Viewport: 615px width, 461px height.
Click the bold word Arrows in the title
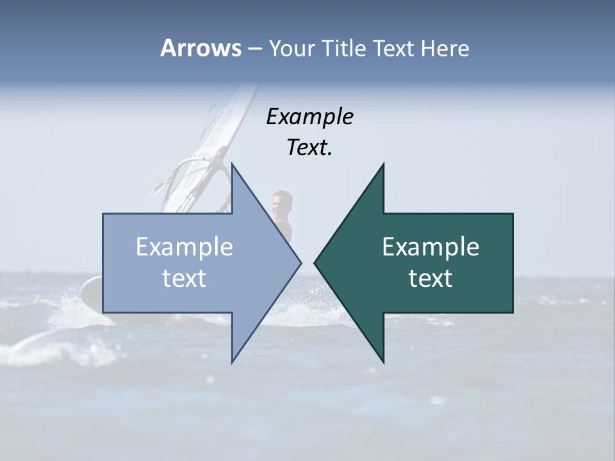(201, 48)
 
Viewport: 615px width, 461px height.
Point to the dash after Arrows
(254, 49)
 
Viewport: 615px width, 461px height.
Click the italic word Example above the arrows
(309, 117)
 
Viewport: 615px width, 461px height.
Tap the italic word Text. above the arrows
(309, 147)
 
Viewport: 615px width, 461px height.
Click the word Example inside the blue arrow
(184, 247)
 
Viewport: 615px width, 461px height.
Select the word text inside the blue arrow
(184, 278)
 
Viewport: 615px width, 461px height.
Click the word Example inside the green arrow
(430, 247)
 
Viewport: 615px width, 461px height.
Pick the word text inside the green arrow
(430, 278)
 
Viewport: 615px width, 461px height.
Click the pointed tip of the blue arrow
(300, 263)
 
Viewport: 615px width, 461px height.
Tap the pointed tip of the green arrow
(315, 263)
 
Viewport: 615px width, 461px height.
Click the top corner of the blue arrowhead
(232, 164)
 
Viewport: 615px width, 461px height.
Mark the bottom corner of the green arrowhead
(383, 362)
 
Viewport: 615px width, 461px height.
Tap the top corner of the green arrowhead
(383, 164)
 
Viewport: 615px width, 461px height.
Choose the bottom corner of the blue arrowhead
(232, 362)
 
